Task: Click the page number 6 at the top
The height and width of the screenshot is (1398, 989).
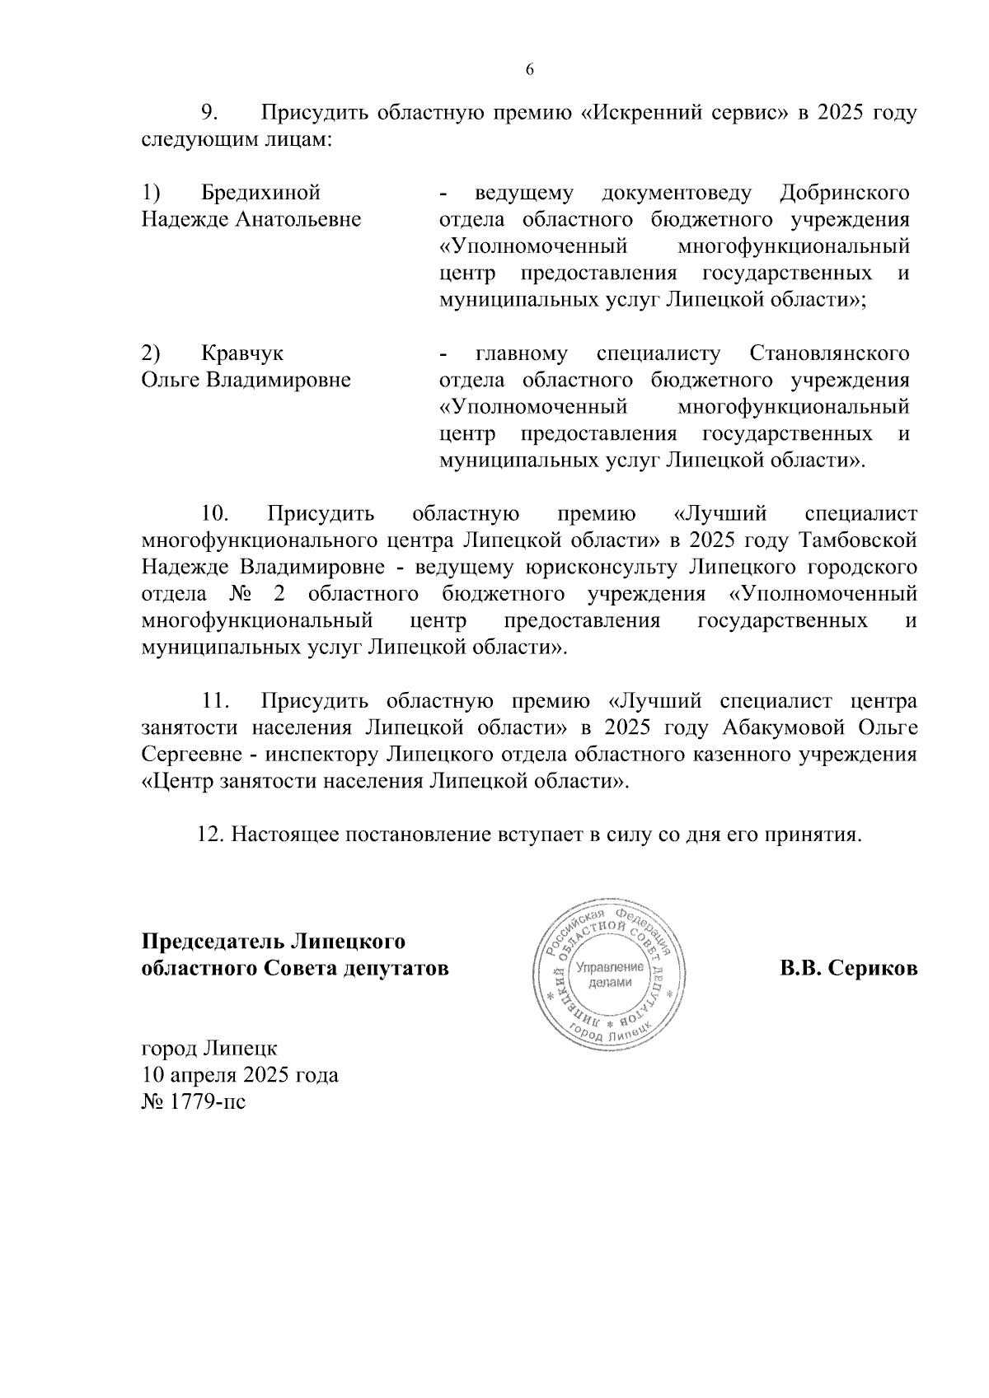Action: click(x=530, y=70)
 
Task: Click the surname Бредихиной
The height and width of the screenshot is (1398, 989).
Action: click(x=260, y=194)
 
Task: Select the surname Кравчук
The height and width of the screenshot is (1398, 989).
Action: click(x=242, y=354)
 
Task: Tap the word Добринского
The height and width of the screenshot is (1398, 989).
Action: click(x=844, y=194)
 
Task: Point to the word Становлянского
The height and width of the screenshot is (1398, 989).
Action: click(x=830, y=354)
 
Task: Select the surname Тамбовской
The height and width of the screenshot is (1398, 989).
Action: click(x=858, y=541)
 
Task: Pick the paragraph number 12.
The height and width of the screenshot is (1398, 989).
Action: click(x=210, y=835)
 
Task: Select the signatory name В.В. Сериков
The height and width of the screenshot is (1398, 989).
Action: click(x=848, y=969)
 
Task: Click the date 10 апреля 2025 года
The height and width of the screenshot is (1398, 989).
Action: click(x=240, y=1076)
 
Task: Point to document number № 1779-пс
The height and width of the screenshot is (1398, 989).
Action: click(x=194, y=1102)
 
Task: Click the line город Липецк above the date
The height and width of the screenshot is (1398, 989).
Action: click(x=210, y=1050)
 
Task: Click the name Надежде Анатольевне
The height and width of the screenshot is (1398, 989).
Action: click(x=251, y=220)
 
